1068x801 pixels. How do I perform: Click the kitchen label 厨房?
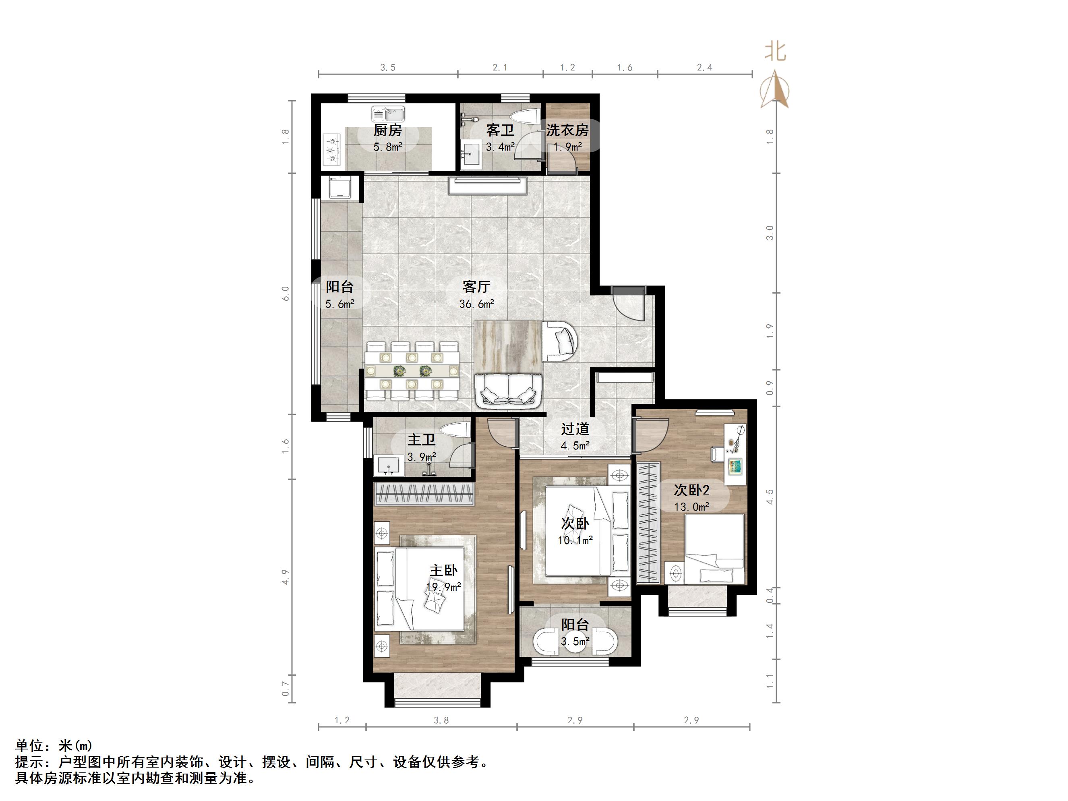pos(387,130)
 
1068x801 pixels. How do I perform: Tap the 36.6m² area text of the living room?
pos(476,304)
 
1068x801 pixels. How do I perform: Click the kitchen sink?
pos(388,115)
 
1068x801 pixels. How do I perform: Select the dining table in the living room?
pos(412,371)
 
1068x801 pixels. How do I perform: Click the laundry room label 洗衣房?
pos(567,130)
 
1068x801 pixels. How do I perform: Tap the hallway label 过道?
pos(575,429)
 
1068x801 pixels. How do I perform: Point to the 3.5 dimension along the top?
pos(387,68)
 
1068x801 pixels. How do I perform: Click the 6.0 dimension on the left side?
pos(286,293)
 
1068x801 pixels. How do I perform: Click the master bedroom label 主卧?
pos(443,570)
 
